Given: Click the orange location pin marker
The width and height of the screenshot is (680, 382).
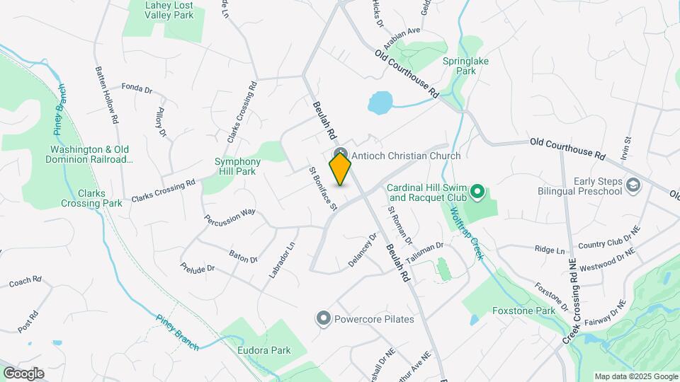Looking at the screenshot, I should pos(340,169).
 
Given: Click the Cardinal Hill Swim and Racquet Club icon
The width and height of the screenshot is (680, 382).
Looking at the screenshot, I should pos(477,190).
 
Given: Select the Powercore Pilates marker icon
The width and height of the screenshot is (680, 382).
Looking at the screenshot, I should pos(324,319).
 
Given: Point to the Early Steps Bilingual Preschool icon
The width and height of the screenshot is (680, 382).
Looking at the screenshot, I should pos(633,185).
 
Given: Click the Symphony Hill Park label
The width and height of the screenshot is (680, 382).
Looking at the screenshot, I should pos(238,166).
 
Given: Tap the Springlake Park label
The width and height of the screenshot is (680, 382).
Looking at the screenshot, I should pos(465,66).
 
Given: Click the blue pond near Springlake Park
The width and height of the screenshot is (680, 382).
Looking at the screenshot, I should pos(380,104).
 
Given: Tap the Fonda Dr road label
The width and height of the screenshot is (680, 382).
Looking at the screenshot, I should pos(137,89).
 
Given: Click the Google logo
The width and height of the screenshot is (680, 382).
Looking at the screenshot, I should pos(23,373).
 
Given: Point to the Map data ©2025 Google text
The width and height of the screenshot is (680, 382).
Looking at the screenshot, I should pos(635,376).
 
